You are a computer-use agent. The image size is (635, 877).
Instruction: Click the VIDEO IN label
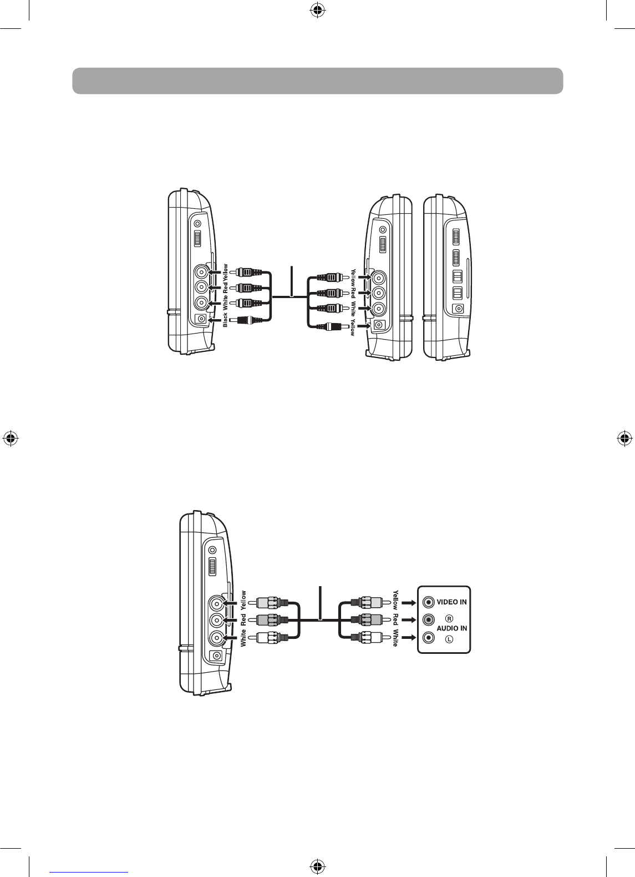point(451,602)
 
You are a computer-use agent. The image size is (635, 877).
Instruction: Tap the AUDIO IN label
point(452,628)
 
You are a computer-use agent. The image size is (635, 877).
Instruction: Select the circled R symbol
point(449,618)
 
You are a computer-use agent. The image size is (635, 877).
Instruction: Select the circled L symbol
point(449,639)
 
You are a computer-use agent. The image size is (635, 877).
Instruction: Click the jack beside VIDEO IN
point(429,602)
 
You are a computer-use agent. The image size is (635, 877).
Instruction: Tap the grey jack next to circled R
point(429,620)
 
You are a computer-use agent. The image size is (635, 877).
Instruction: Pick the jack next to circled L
point(429,638)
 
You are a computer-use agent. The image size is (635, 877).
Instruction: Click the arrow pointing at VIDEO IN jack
point(409,603)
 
